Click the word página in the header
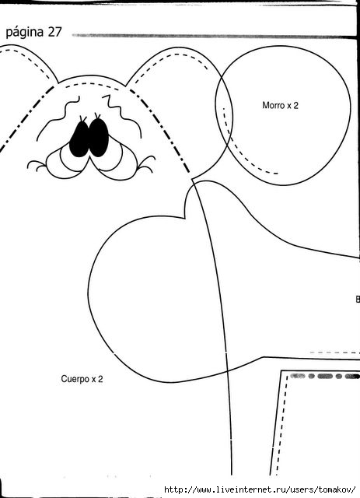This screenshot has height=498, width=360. (x=25, y=33)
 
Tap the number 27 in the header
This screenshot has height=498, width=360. (x=54, y=32)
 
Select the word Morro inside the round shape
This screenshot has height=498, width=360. (x=274, y=105)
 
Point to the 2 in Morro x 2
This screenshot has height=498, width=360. (x=296, y=105)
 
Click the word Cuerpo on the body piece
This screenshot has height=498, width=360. (x=75, y=379)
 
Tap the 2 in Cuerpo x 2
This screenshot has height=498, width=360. (x=100, y=379)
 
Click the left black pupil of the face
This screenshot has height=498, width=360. (x=79, y=139)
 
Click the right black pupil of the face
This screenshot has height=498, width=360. (x=99, y=138)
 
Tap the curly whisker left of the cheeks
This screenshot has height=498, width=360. (x=37, y=165)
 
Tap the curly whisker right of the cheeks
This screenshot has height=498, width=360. (x=146, y=163)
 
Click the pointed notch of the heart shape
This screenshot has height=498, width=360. (x=185, y=218)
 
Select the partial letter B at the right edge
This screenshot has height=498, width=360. (x=358, y=299)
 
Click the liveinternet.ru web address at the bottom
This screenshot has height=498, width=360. (x=260, y=489)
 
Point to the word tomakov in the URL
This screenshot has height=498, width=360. (x=336, y=489)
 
